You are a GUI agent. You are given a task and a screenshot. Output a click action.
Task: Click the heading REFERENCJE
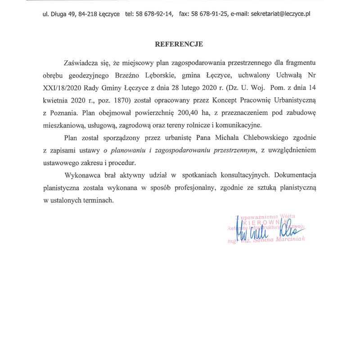pos(179,45)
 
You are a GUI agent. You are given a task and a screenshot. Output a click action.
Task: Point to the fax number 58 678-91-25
pos(209,14)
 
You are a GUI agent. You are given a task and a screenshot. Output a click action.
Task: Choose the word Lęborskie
pos(167,75)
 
